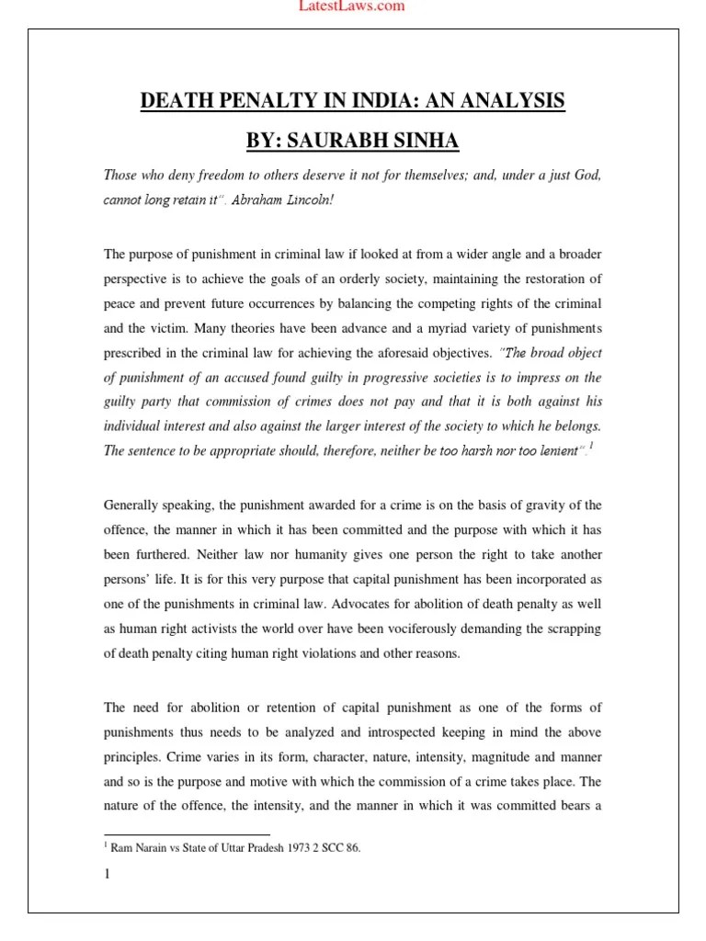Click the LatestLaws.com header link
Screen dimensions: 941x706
point(353,6)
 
